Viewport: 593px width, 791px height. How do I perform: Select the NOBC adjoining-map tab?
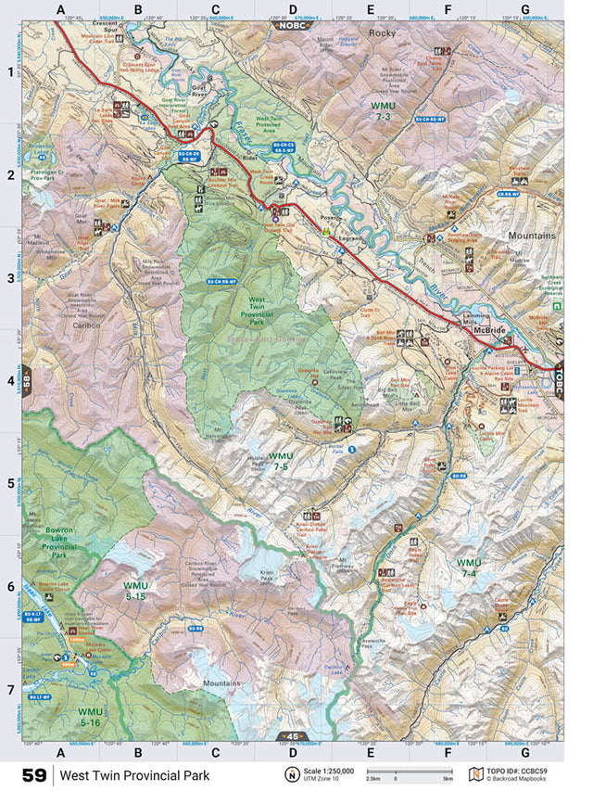(x=290, y=25)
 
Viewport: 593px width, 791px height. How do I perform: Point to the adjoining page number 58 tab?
(x=28, y=382)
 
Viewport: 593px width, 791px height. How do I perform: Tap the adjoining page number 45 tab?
(x=290, y=738)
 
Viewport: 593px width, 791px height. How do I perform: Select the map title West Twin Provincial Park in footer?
(x=135, y=774)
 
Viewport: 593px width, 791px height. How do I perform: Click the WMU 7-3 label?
(x=383, y=111)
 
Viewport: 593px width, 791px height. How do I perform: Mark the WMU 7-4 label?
(x=469, y=568)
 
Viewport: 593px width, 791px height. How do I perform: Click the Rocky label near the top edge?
(x=382, y=33)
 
